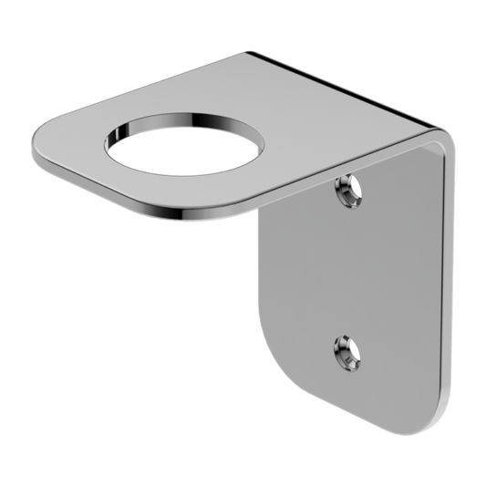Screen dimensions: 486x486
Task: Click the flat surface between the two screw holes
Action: pos(351,269)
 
